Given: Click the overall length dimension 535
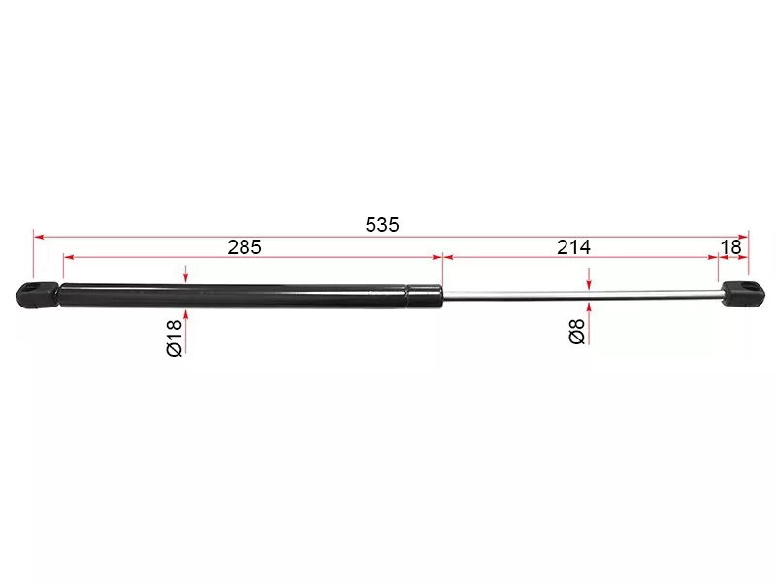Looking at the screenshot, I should coord(382,224).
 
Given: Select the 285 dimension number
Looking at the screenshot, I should coord(244,247).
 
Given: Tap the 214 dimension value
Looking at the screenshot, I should coord(573,247).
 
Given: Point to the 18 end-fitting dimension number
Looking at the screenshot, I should coord(732,247).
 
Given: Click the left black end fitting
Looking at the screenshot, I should coord(38,294).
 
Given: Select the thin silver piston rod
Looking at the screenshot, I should coord(582,293).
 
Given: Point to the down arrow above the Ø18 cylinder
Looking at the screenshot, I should coord(184,276).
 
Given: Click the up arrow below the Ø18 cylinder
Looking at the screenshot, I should coord(184,314).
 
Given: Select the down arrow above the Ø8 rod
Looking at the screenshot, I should coord(589,282).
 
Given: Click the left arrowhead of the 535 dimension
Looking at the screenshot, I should coord(38,235).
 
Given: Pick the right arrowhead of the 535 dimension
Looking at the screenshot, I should coord(744,235).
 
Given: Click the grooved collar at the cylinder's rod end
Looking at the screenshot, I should coord(423,294).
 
